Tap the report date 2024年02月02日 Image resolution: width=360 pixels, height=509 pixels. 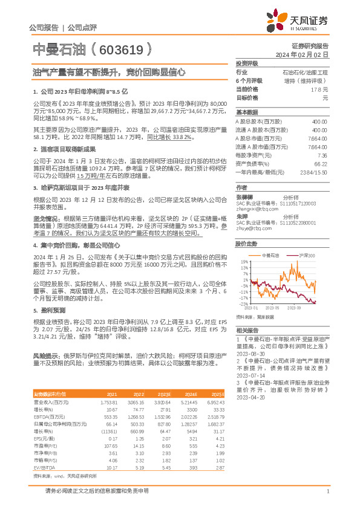[302, 54]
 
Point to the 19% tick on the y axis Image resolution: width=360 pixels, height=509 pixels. [244, 262]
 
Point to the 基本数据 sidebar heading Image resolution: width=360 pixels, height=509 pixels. [246, 113]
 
